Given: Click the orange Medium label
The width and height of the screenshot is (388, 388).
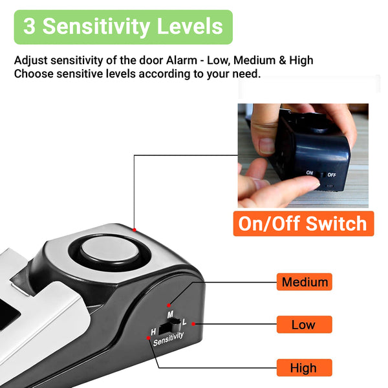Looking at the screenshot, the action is (304, 281).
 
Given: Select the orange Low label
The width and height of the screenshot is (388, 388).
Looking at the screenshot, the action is (304, 325).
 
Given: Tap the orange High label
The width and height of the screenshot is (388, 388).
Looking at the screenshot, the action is (304, 367).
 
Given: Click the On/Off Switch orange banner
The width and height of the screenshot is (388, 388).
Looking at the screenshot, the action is (303, 224).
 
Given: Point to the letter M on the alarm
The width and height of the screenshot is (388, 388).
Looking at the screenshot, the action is (170, 314).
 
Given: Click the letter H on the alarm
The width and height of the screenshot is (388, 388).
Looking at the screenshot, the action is (153, 332).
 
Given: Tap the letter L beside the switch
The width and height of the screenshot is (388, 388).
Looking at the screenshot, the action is (184, 322).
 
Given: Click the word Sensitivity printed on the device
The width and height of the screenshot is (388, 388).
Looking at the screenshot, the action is (168, 339).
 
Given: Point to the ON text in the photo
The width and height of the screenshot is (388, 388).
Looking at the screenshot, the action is (310, 173).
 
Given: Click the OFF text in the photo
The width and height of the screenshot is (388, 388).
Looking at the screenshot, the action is (332, 175).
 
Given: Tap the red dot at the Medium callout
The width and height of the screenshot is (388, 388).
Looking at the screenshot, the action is (169, 305).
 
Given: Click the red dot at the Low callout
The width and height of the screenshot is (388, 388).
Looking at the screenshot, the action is (193, 324).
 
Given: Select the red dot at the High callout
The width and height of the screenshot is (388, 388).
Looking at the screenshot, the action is (148, 338).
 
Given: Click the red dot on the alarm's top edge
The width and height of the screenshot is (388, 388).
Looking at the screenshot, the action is (135, 230).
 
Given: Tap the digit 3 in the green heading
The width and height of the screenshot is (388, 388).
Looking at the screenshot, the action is (29, 27).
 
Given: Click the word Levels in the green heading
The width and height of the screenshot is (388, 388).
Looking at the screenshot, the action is (189, 26).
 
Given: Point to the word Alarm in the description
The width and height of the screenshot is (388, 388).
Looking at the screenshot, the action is (182, 60).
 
